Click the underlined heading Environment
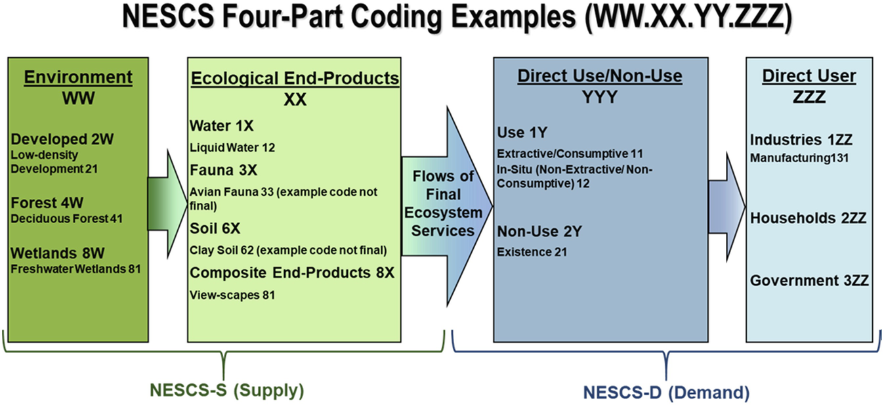coord(78,77)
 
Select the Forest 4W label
coord(47,203)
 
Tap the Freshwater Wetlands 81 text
coord(75,269)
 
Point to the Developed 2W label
coord(62,139)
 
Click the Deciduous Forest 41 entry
coord(67,219)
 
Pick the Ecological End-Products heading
coord(295,79)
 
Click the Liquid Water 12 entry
coord(232,148)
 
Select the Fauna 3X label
coord(223,171)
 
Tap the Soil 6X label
coord(215,228)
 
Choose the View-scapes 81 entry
coord(232,295)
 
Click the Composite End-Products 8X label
coord(292,273)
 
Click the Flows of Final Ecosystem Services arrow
coord(447,205)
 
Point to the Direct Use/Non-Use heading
coord(600,75)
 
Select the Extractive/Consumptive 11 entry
coord(570,153)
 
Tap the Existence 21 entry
coord(532,252)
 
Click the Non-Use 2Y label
coord(539,231)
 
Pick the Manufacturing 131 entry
coord(799,158)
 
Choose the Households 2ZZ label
coord(809,218)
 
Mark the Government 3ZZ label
coord(809,281)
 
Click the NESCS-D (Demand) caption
coord(667,393)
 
